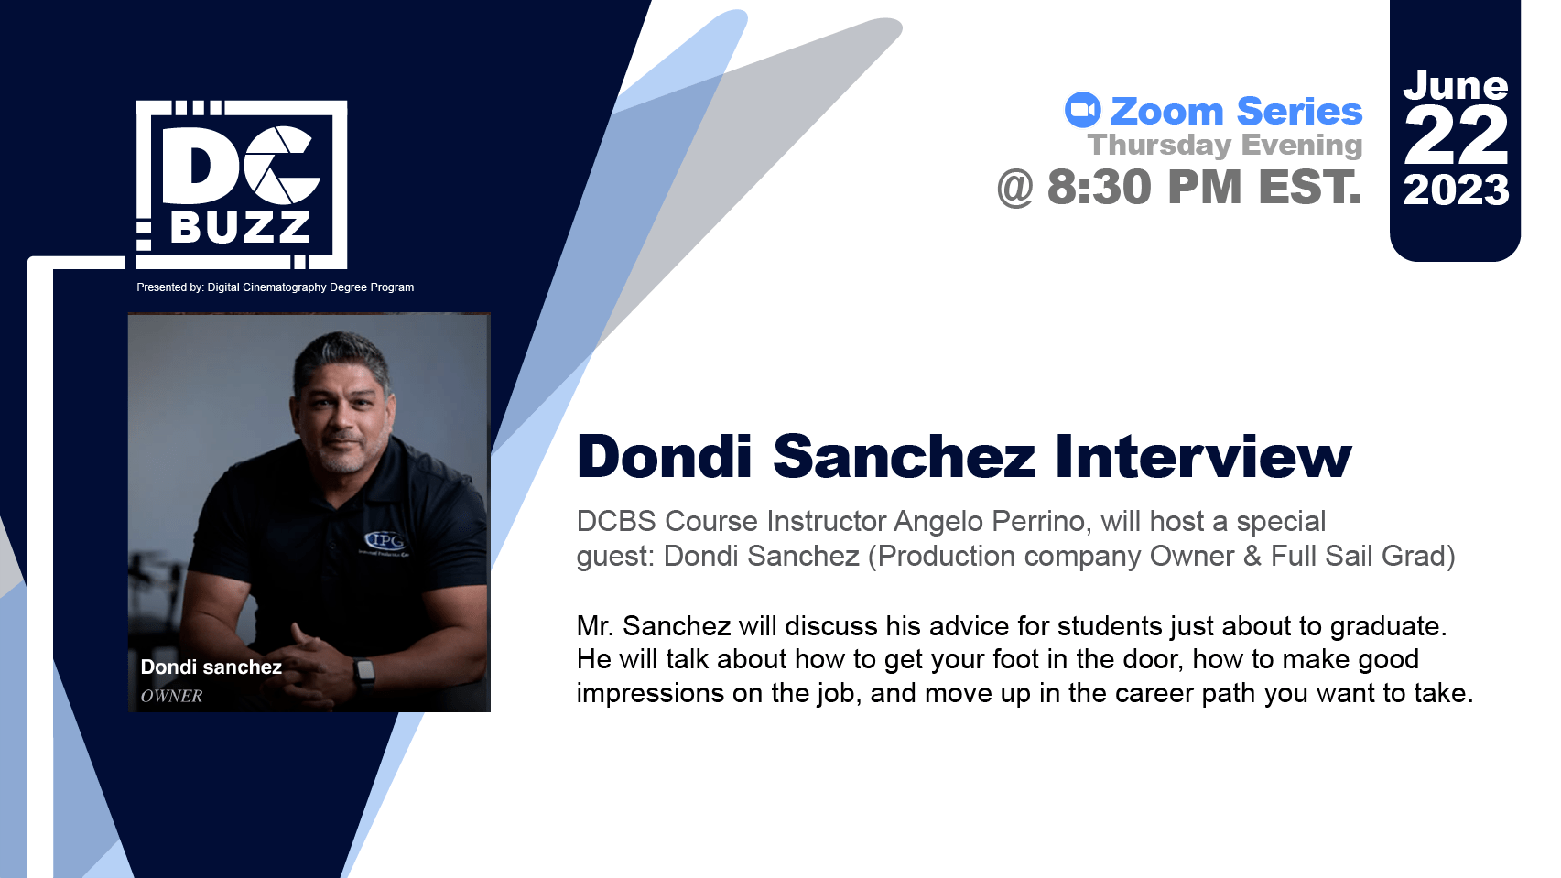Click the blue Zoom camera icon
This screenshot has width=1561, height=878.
tap(1082, 110)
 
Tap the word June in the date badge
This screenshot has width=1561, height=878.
tap(1456, 86)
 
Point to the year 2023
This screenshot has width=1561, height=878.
tap(1456, 190)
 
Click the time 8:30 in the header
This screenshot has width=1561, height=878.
tap(1099, 188)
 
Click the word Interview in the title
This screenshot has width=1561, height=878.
tap(1204, 457)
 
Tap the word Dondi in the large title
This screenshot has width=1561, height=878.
tap(664, 457)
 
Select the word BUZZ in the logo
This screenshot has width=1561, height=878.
tap(240, 226)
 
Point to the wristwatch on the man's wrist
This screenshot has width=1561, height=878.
tap(364, 672)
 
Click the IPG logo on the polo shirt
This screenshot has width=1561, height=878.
tap(385, 540)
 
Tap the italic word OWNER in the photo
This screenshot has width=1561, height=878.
tap(171, 696)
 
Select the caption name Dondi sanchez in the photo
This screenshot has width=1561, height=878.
tap(211, 667)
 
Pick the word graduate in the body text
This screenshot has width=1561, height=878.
tap(1387, 626)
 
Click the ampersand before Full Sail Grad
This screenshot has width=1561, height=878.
tap(1252, 556)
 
